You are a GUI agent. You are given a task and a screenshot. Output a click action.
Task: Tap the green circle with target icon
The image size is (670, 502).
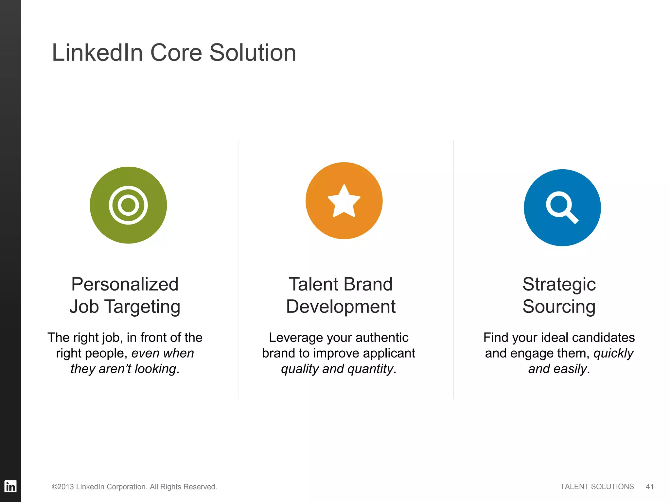[128, 205]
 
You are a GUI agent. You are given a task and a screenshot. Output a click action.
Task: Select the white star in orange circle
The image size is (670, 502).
[344, 201]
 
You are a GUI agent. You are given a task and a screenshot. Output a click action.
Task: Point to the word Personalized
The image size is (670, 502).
[125, 284]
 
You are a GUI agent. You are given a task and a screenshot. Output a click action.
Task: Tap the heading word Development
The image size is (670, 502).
[341, 307]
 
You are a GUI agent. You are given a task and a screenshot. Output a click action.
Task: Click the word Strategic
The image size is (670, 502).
[559, 284]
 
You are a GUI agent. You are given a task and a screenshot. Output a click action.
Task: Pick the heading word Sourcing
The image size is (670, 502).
[559, 307]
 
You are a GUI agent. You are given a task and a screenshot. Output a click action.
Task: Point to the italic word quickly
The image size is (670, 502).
[613, 354]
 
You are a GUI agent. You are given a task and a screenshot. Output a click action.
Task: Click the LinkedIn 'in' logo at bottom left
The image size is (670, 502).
[10, 486]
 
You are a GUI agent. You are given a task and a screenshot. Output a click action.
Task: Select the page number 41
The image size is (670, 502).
[650, 487]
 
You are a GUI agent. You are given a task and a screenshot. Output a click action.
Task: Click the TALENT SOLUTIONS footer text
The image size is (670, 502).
[597, 487]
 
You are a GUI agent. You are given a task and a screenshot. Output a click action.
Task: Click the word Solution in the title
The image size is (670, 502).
[253, 53]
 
